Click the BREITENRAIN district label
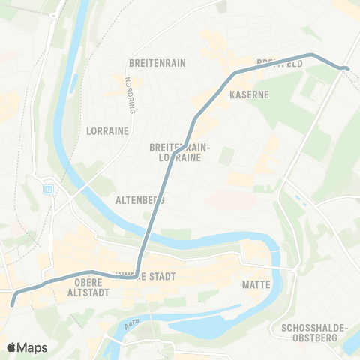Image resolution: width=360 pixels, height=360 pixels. point(157,63)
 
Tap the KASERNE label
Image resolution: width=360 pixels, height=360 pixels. point(249,95)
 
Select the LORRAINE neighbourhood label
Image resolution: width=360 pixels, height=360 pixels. point(108,130)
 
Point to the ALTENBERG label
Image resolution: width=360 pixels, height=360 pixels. point(140,201)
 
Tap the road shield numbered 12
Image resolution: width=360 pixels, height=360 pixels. point(49,189)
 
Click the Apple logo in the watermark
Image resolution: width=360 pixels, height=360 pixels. point(11,347)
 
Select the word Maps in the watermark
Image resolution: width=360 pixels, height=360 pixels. point(32,347)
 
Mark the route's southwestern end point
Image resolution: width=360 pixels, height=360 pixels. point(13,304)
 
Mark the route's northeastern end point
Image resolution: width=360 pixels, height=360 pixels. point(346,69)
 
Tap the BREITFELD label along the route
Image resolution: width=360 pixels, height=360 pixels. point(279,64)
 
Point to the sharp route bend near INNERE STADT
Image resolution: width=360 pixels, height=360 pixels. point(137,274)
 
